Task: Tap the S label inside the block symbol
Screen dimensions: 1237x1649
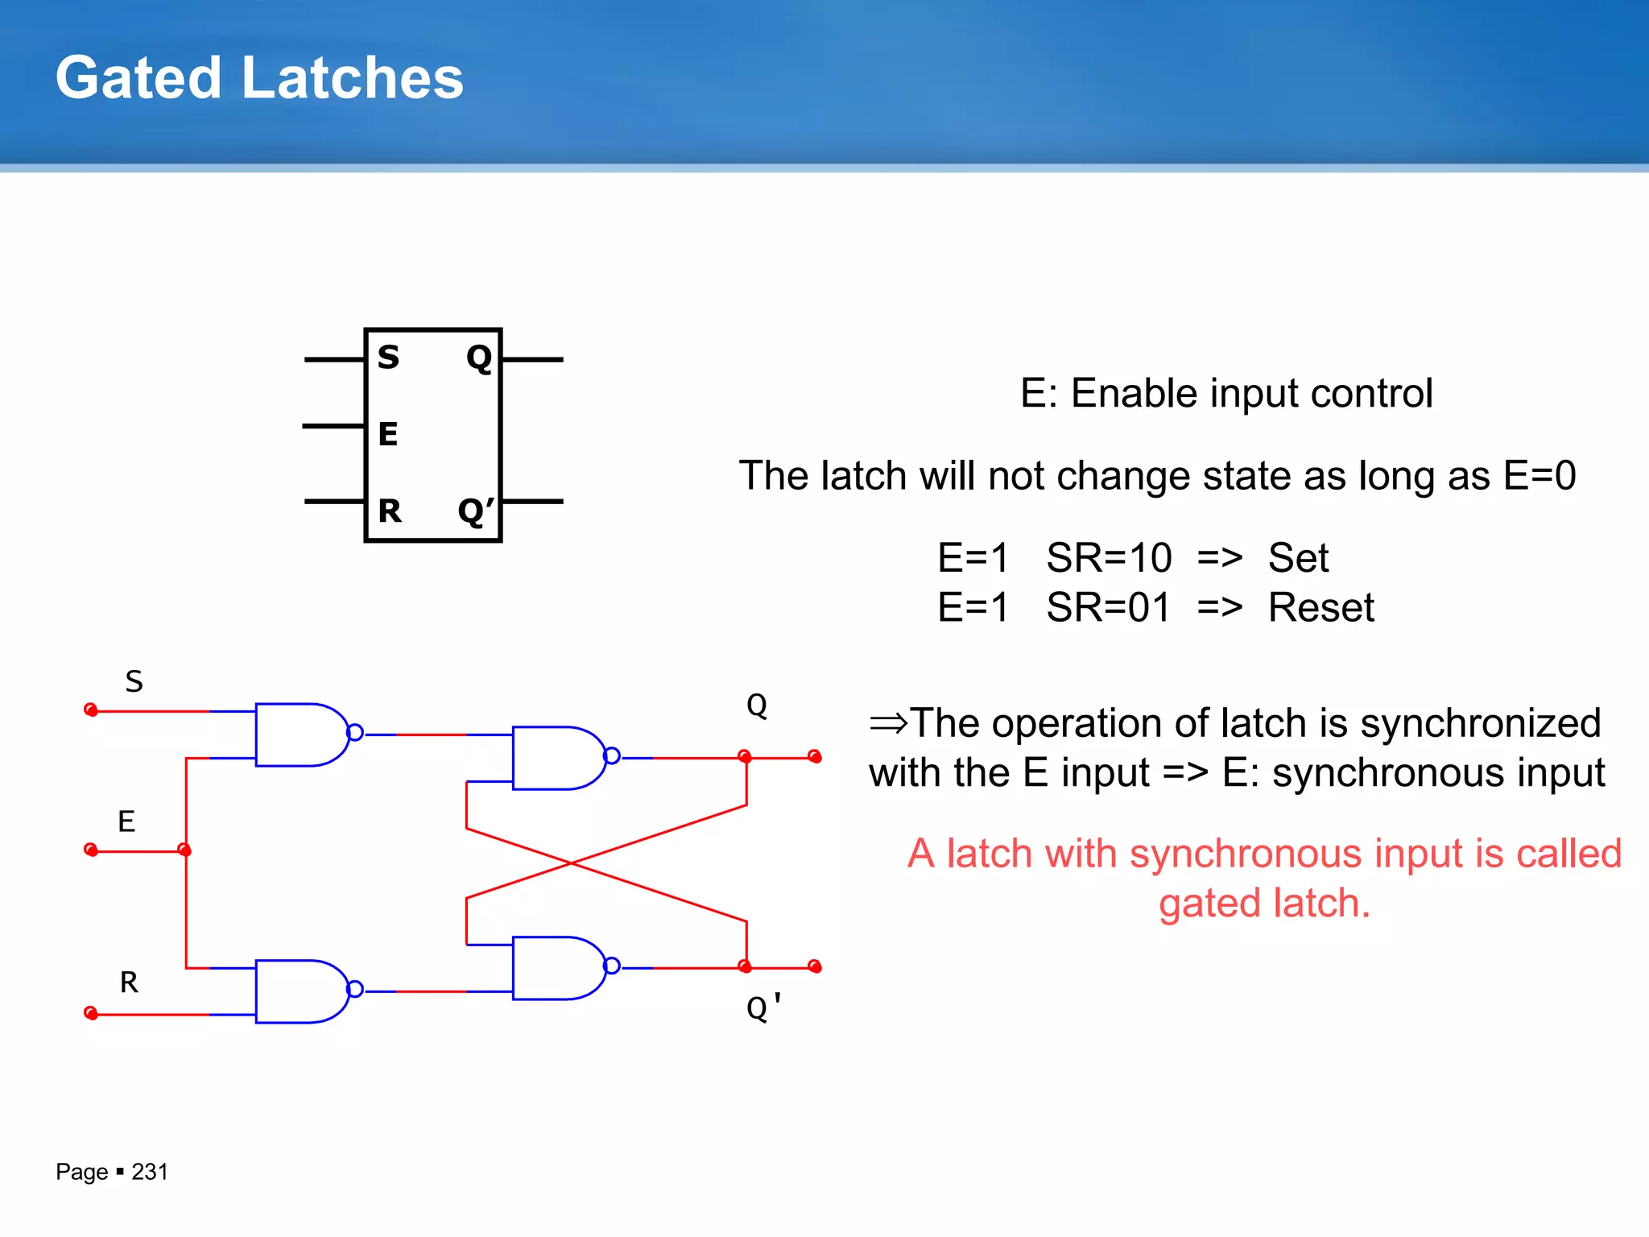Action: [x=388, y=357]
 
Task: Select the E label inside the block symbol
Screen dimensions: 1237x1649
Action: [x=388, y=434]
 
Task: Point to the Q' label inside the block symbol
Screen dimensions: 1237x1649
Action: [x=475, y=511]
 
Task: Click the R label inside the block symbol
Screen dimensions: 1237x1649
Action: [x=390, y=511]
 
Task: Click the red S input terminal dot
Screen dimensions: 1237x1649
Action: [x=91, y=710]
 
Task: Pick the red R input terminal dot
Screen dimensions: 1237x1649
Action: [x=91, y=1013]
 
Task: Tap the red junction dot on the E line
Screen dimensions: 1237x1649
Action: [x=184, y=850]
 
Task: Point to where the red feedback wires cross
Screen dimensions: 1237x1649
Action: [x=571, y=863]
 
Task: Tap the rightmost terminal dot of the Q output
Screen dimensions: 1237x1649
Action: [x=815, y=757]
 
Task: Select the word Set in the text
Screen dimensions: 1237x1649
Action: [x=1298, y=557]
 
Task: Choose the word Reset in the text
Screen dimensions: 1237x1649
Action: [x=1320, y=607]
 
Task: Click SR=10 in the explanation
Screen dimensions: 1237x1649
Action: [x=1109, y=557]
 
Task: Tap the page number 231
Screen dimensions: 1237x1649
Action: [x=150, y=1172]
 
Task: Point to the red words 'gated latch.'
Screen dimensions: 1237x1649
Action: [x=1264, y=903]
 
